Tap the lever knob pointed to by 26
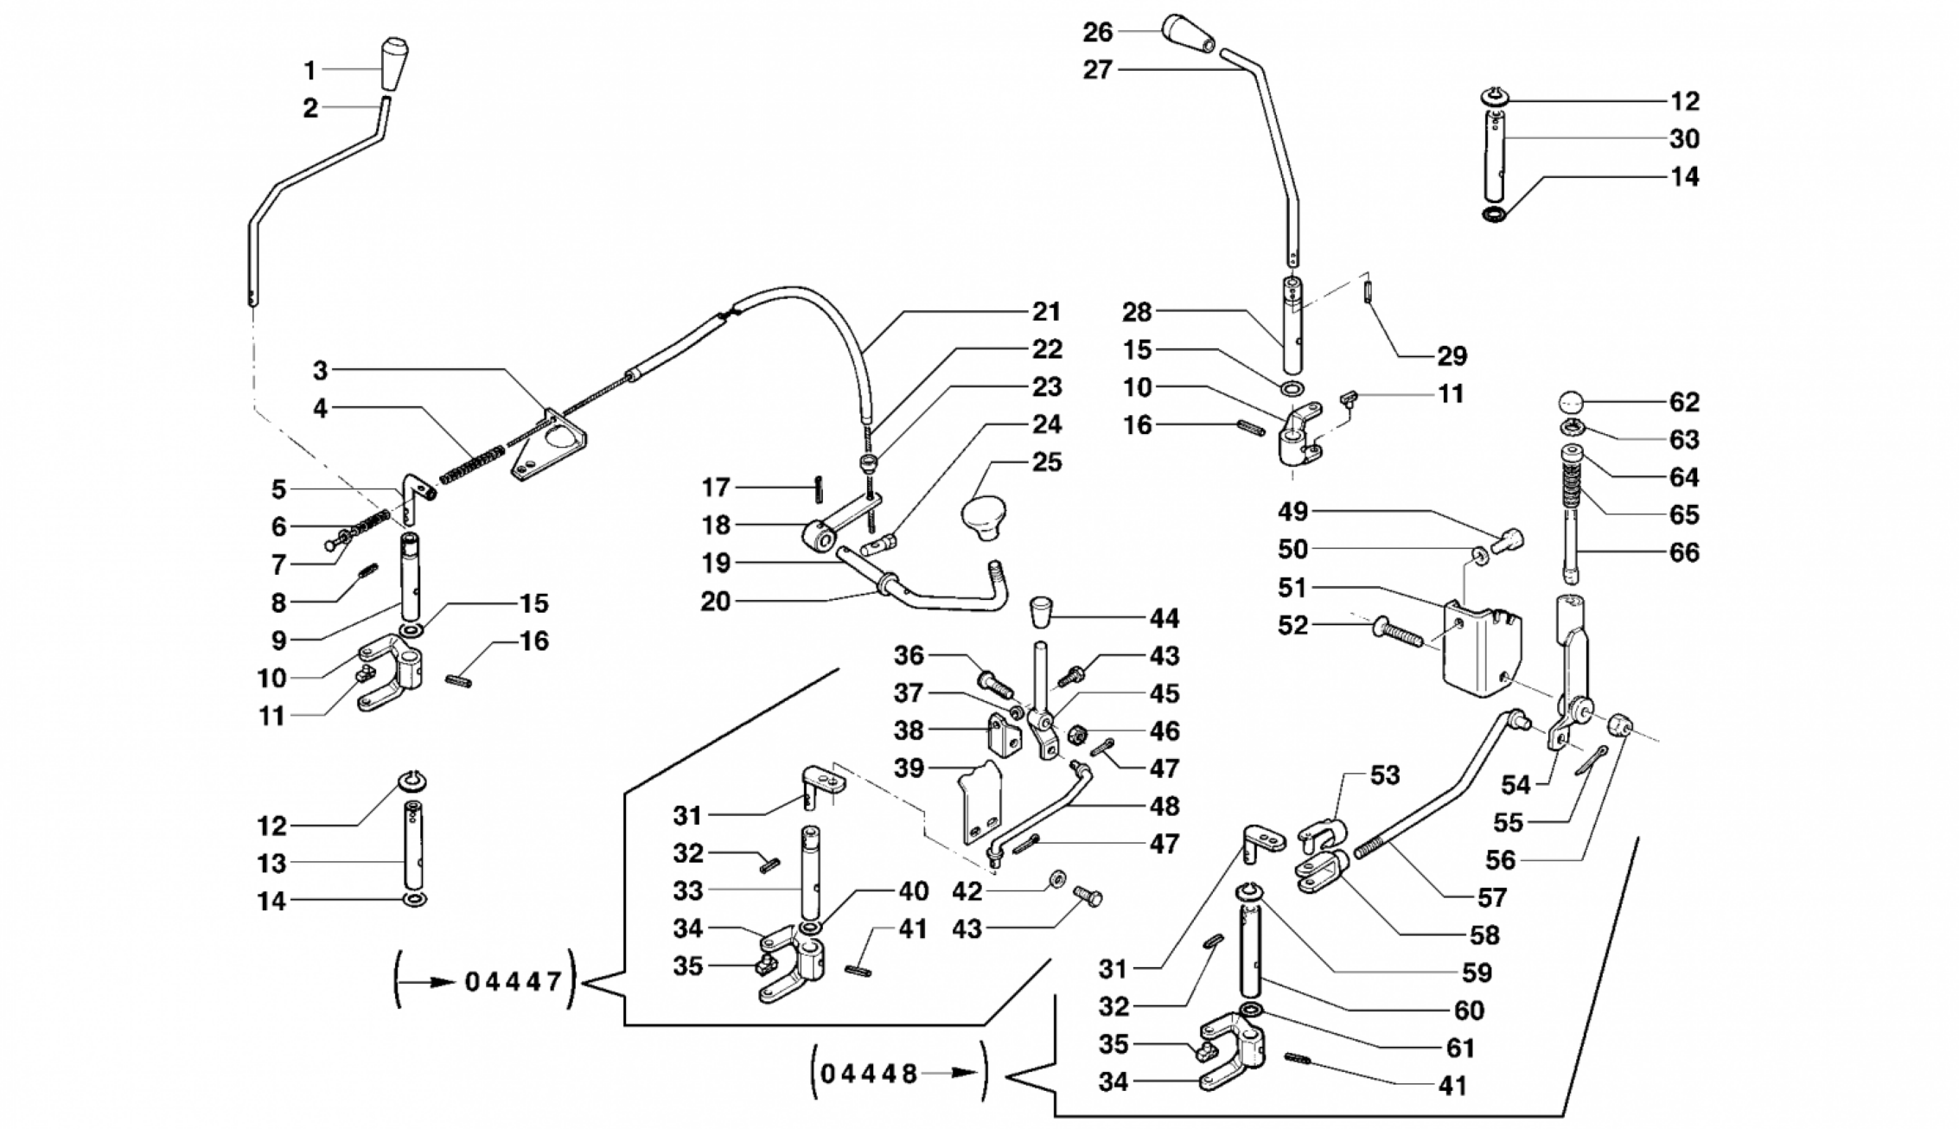tap(1190, 36)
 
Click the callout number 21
tap(1046, 311)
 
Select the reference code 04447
tap(514, 982)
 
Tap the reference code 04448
tap(869, 1075)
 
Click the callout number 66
tap(1684, 552)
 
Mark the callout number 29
tap(1452, 356)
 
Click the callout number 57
tap(1492, 897)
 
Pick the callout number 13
tap(271, 864)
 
